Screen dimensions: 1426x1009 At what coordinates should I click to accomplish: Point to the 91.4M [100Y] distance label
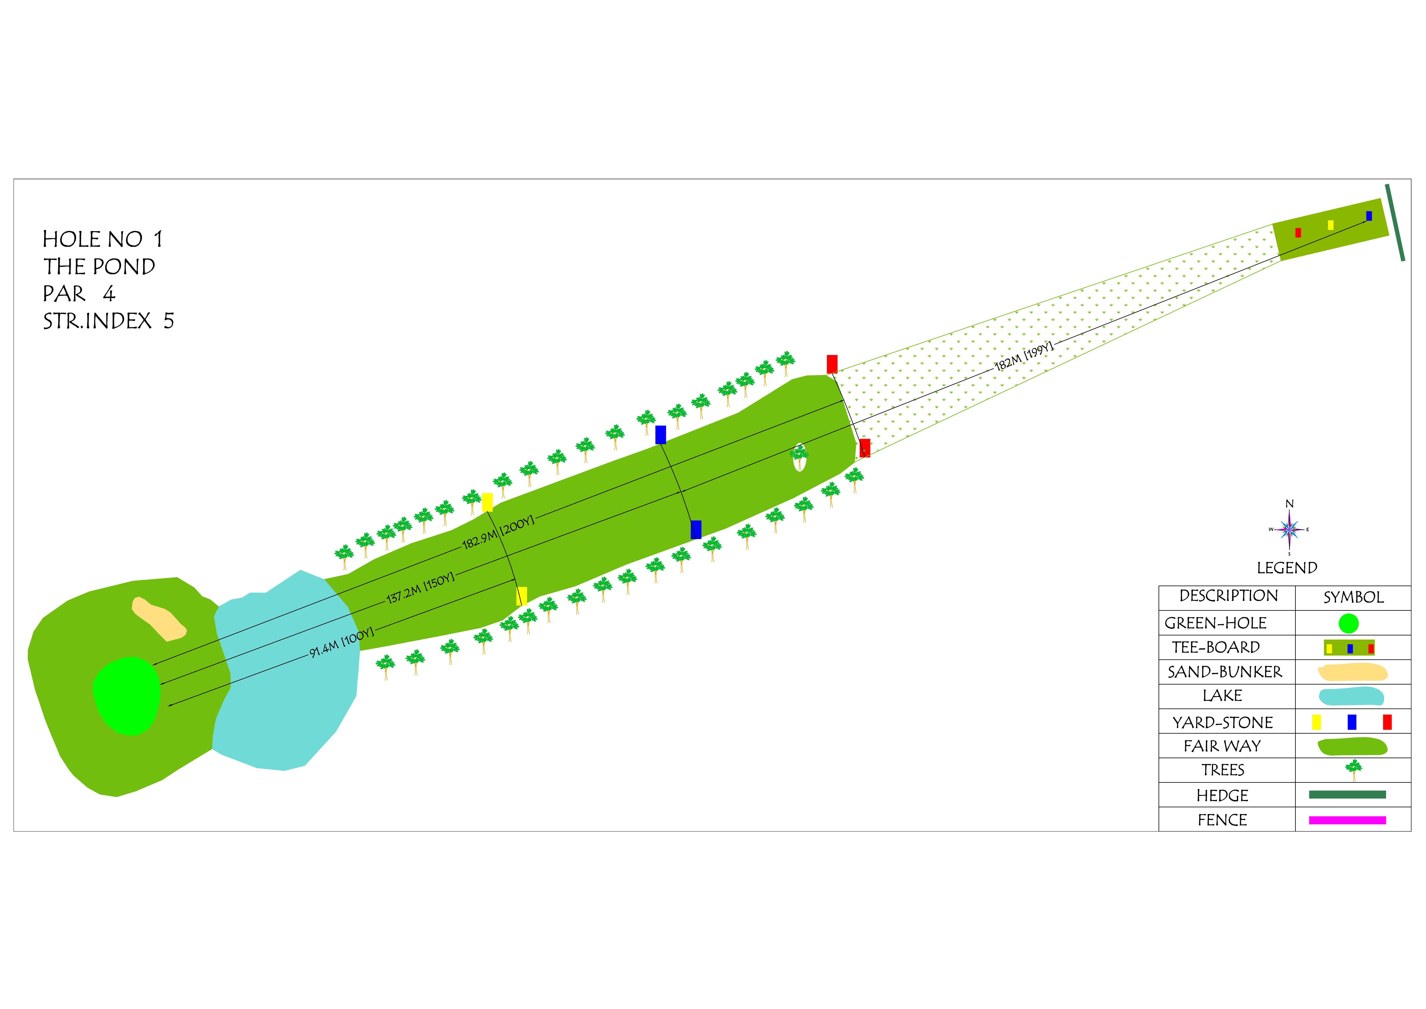tap(342, 642)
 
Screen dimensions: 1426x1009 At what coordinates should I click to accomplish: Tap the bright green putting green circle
tap(127, 696)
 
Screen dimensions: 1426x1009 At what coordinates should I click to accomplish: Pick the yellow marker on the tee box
tap(1330, 225)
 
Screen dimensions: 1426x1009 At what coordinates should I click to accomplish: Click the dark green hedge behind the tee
tap(1395, 222)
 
